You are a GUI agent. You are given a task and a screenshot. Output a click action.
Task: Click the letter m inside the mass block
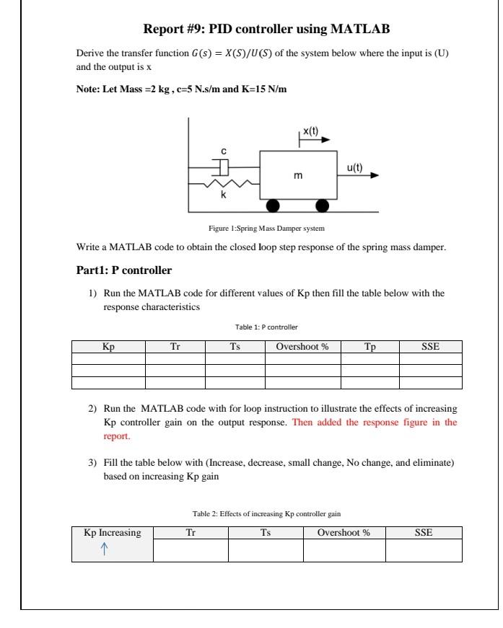coord(297,175)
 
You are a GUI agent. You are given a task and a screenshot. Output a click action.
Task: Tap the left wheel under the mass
coord(274,205)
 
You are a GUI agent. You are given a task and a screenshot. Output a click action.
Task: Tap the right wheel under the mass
coord(323,205)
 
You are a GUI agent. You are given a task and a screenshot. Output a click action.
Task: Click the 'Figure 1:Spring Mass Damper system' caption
coord(266,229)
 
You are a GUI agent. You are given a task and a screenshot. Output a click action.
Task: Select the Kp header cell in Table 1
coord(108,347)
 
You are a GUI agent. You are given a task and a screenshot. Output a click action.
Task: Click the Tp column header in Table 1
coord(369,347)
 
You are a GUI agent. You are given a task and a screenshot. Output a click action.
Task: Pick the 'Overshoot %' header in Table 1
coord(302,347)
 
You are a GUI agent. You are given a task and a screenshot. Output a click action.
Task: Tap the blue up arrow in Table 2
coord(104,549)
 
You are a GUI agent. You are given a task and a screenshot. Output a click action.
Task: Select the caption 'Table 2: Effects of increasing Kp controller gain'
coord(266,513)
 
